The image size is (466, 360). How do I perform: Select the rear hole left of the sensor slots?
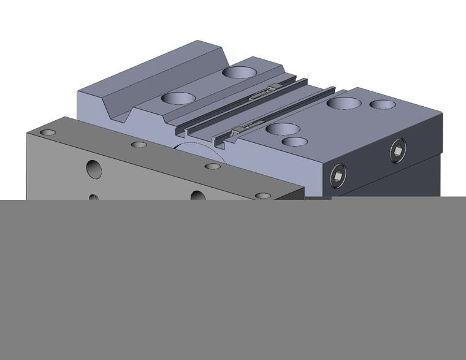(x=240, y=72)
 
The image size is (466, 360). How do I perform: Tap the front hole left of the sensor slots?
(x=178, y=98)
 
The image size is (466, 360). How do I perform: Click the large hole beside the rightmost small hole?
(x=343, y=102)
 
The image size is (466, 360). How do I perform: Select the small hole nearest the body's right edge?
(x=383, y=104)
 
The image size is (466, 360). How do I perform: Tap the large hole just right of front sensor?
(x=283, y=129)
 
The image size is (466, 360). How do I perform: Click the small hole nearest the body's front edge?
(x=295, y=142)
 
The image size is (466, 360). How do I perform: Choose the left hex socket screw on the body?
(x=337, y=176)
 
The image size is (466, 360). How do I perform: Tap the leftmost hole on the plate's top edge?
(x=48, y=132)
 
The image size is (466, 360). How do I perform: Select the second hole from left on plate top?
(x=139, y=145)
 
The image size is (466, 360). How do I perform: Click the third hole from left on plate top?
(x=212, y=166)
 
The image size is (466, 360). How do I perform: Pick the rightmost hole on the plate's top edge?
(x=262, y=196)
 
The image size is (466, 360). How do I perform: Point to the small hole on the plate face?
(x=93, y=197)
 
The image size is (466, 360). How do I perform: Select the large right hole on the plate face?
(x=197, y=196)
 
